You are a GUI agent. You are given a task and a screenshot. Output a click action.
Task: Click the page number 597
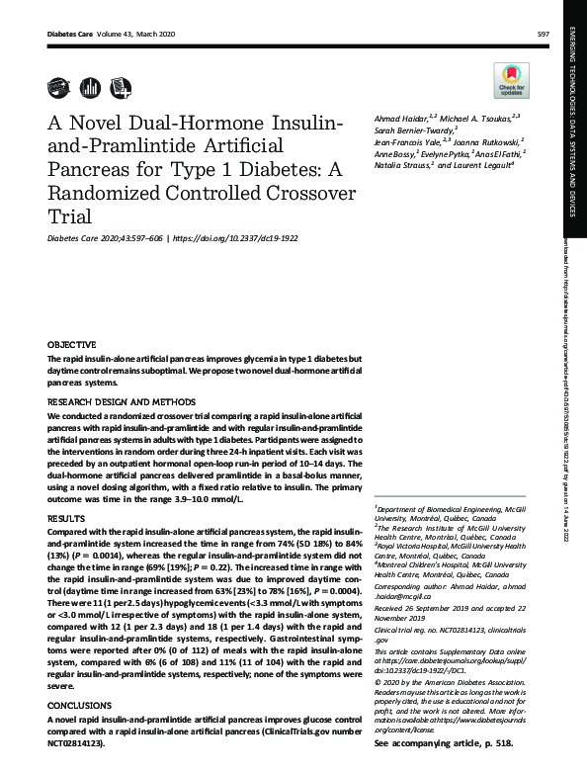click(x=543, y=36)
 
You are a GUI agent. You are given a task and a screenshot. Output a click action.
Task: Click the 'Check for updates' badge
click(x=512, y=80)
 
